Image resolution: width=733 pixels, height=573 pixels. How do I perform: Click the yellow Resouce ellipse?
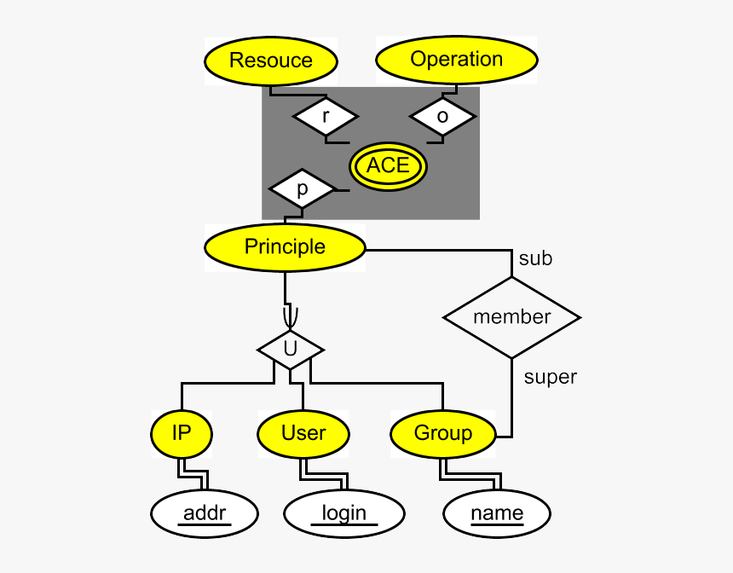(271, 61)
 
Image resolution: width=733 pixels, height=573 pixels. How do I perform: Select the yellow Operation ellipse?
(457, 61)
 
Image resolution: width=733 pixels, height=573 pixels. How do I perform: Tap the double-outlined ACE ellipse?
(388, 166)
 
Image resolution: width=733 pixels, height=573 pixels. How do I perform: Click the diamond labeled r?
(326, 116)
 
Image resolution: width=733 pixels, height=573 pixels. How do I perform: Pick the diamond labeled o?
(442, 116)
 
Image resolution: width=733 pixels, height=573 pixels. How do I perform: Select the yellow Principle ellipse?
(285, 247)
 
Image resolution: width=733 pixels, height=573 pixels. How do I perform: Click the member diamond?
(511, 317)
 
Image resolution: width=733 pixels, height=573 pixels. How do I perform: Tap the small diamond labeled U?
(291, 350)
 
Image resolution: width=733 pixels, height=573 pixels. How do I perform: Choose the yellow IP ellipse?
(182, 433)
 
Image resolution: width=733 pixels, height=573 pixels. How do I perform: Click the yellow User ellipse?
(303, 433)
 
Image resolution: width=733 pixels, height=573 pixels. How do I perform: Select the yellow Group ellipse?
(443, 434)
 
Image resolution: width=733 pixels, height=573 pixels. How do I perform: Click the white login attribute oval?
(343, 513)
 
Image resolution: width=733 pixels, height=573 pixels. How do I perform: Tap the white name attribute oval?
(497, 513)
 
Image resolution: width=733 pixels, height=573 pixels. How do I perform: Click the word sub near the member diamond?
(535, 258)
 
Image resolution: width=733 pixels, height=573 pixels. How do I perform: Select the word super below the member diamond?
(550, 376)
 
